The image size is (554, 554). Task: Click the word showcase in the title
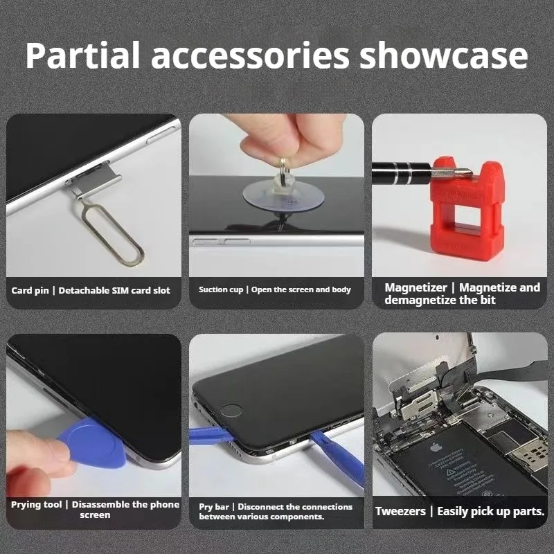tap(443, 55)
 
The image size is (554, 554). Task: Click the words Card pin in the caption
tap(30, 290)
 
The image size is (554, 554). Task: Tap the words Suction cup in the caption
tap(221, 290)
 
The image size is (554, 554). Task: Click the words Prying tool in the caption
tap(36, 505)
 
